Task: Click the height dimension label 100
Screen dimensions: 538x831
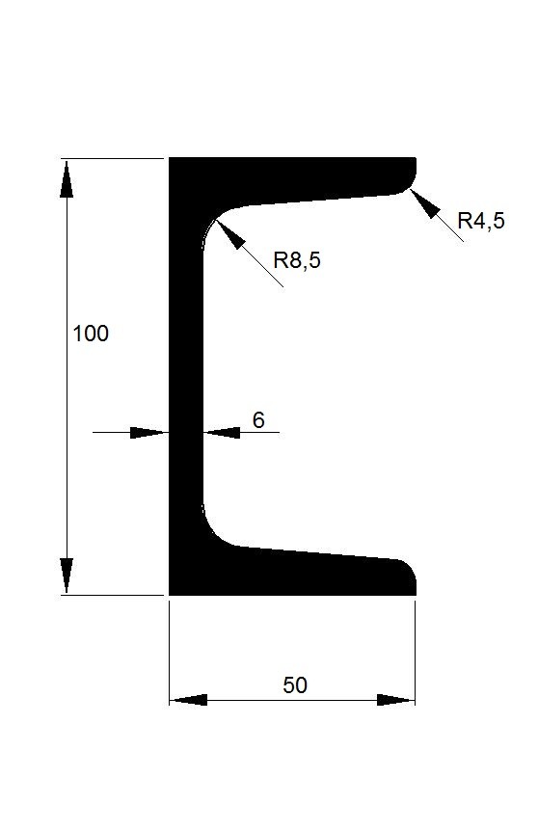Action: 91,334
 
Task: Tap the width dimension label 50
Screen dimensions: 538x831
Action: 295,685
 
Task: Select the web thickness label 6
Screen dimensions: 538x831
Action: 258,419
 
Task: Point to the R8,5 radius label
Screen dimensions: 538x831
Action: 297,260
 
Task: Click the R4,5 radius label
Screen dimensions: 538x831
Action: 481,221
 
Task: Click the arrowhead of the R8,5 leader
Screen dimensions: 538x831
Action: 229,232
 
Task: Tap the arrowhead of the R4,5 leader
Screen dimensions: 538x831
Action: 425,203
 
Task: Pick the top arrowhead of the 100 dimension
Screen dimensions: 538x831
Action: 67,178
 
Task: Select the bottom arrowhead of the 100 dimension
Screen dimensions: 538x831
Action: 67,576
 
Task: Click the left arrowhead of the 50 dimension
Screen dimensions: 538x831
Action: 189,700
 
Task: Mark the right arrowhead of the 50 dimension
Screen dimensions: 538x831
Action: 395,700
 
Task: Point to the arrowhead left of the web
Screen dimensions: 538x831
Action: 148,433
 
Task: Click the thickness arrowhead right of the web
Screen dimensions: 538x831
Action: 222,433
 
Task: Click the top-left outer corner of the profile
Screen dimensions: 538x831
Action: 169,158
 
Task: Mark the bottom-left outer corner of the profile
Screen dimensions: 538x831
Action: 169,595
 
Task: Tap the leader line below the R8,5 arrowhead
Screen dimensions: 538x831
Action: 263,268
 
